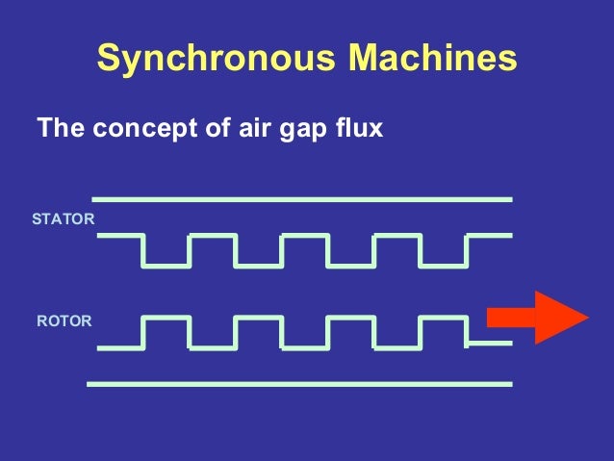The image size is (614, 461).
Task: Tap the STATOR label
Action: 64,219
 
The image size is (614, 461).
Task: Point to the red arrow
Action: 537,317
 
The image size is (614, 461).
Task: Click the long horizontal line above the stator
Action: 301,199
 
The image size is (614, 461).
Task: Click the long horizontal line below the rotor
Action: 298,383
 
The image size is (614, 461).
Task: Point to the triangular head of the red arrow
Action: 559,317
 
